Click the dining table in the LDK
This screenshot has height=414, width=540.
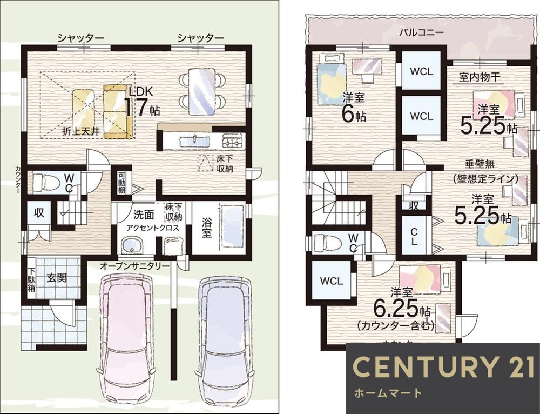[201, 91]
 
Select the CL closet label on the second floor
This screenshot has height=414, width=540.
[414, 237]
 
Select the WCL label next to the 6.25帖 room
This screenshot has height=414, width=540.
[331, 281]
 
